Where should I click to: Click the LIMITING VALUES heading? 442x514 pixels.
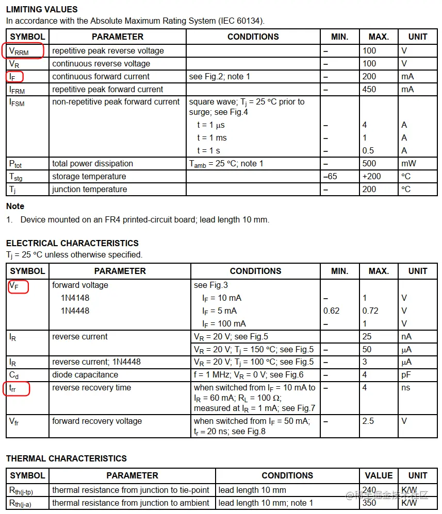click(x=42, y=9)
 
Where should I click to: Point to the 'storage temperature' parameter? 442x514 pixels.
click(x=89, y=176)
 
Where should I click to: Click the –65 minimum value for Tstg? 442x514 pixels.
click(x=330, y=176)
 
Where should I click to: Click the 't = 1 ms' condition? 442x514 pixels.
click(x=211, y=138)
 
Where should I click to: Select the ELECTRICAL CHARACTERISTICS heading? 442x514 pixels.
click(x=72, y=243)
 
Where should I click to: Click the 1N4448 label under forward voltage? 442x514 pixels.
click(x=75, y=311)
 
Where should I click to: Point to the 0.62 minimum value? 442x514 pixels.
click(x=332, y=311)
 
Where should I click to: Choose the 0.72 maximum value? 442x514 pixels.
click(x=370, y=311)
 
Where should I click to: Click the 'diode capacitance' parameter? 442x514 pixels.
click(x=85, y=374)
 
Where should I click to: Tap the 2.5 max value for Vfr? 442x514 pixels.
click(x=368, y=421)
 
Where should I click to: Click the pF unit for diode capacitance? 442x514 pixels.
click(x=407, y=374)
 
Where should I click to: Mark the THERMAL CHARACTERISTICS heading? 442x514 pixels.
click(x=67, y=458)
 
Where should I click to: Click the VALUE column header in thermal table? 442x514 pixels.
click(x=379, y=475)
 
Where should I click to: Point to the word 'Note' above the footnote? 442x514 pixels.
click(x=15, y=206)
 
